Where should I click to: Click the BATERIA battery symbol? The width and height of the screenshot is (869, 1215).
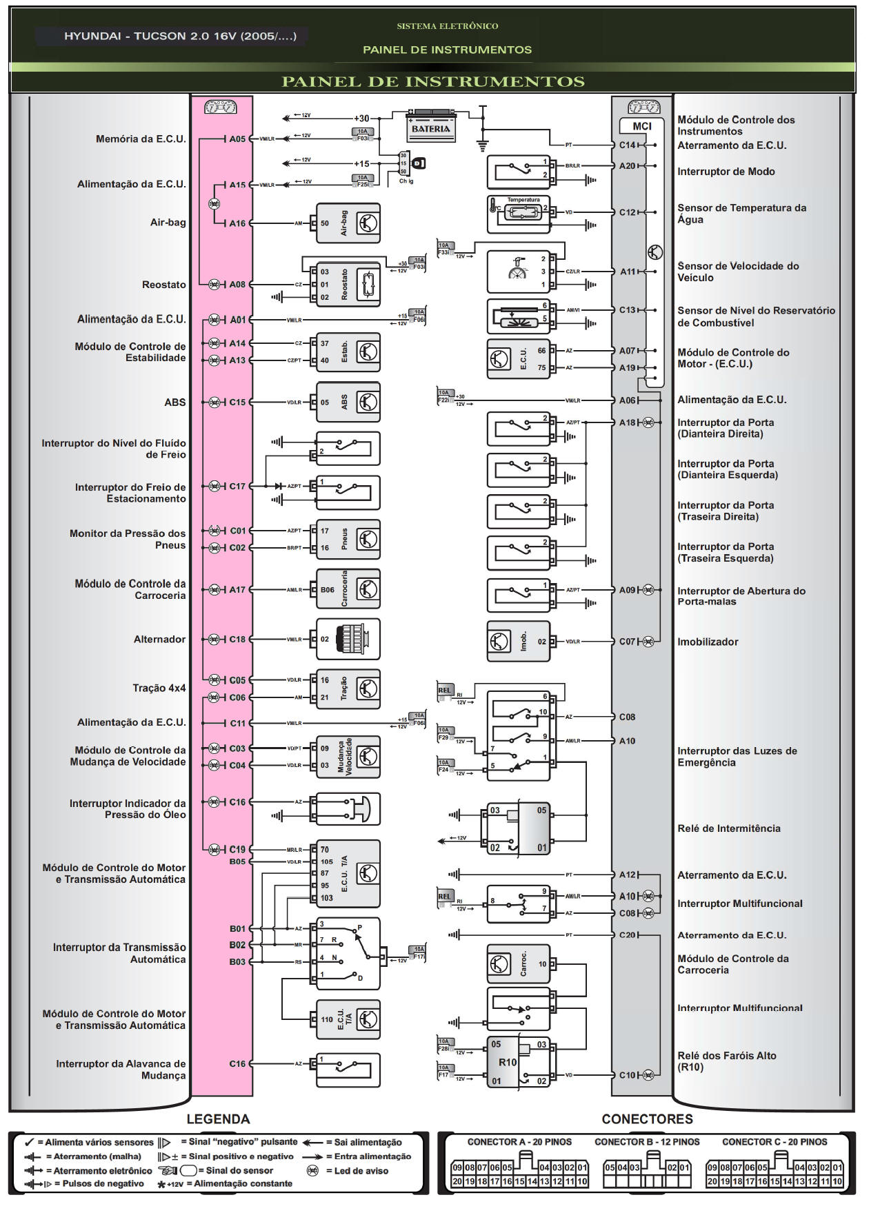pyautogui.click(x=430, y=126)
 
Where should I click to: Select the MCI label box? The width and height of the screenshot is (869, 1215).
pyautogui.click(x=641, y=126)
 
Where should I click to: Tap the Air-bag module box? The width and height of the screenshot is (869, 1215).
pyautogui.click(x=348, y=223)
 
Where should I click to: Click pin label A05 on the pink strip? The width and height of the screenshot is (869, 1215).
pyautogui.click(x=237, y=139)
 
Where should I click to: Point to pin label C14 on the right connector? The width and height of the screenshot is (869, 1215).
pyautogui.click(x=627, y=145)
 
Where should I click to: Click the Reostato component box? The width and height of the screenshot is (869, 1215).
pyautogui.click(x=348, y=284)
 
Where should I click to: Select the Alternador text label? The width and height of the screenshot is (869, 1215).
pyautogui.click(x=159, y=640)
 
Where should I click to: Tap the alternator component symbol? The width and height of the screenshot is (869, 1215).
pyautogui.click(x=348, y=640)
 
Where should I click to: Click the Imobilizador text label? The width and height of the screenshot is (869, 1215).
pyautogui.click(x=707, y=642)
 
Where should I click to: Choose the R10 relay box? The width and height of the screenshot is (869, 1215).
pyautogui.click(x=518, y=1062)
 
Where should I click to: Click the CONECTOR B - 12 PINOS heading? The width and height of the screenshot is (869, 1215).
pyautogui.click(x=646, y=1142)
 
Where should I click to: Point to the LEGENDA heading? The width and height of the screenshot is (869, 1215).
pyautogui.click(x=218, y=1119)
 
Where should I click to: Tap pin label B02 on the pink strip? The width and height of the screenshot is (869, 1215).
pyautogui.click(x=237, y=945)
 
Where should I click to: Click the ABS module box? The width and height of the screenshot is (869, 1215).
pyautogui.click(x=348, y=402)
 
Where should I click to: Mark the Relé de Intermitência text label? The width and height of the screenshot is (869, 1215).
pyautogui.click(x=728, y=828)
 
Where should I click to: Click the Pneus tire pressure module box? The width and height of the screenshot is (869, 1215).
pyautogui.click(x=348, y=540)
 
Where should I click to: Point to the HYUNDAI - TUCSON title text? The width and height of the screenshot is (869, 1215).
pyautogui.click(x=180, y=37)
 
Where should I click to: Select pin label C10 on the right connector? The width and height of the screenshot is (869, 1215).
pyautogui.click(x=627, y=1075)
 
